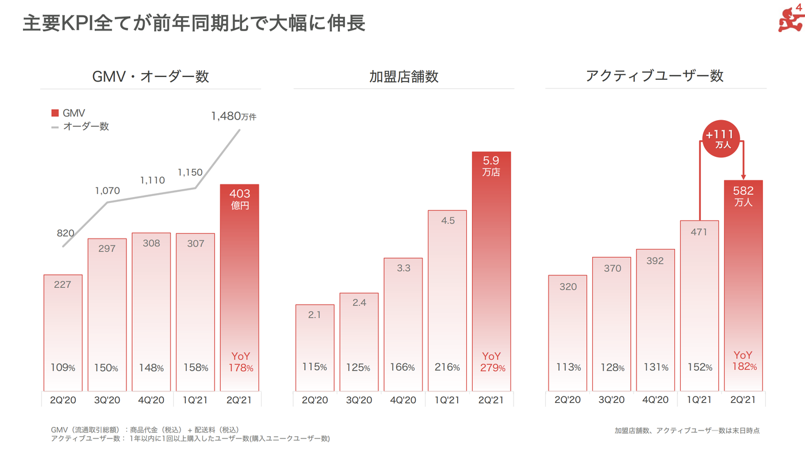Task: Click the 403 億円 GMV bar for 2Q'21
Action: click(240, 287)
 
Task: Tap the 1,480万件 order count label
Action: click(233, 116)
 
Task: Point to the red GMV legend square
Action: click(55, 113)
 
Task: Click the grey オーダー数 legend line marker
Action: click(55, 126)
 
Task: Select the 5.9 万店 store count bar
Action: click(491, 270)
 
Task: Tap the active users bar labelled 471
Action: click(699, 305)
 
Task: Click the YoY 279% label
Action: click(492, 362)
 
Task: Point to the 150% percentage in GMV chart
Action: click(107, 368)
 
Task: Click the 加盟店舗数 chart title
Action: click(404, 76)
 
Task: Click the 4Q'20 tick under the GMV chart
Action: click(151, 400)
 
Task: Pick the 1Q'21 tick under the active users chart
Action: click(699, 400)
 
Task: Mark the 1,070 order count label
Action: click(108, 190)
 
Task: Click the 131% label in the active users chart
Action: click(655, 367)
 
